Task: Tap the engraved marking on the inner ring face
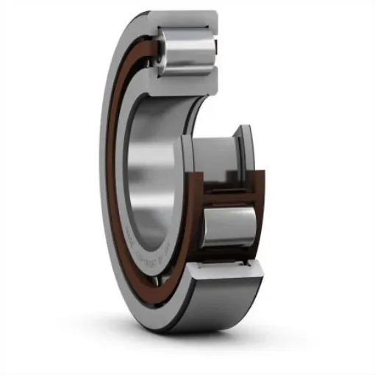point(158,254)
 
